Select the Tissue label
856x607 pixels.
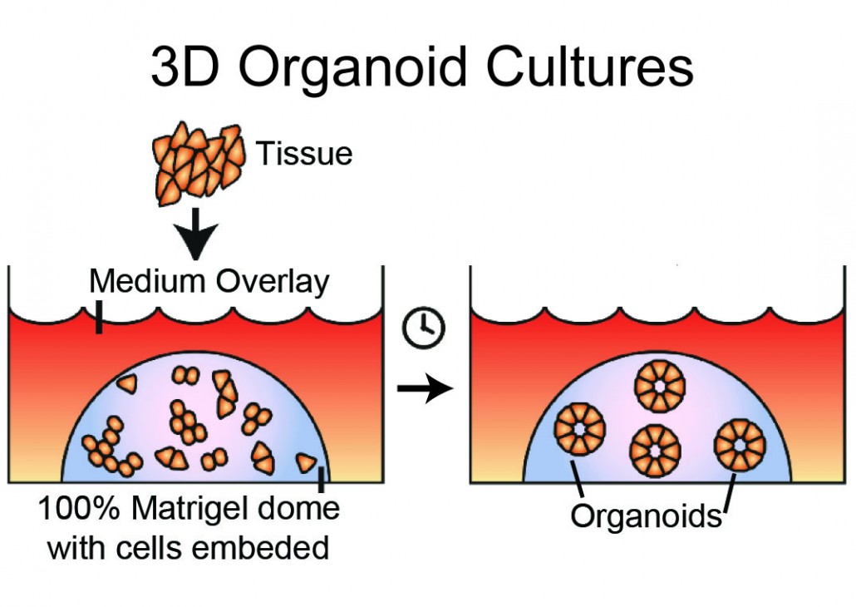(303, 154)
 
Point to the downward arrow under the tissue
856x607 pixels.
(197, 234)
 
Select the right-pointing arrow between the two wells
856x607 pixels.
(424, 388)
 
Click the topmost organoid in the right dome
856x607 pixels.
(659, 386)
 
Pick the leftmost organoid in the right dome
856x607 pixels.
(579, 429)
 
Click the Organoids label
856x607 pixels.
(646, 516)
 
